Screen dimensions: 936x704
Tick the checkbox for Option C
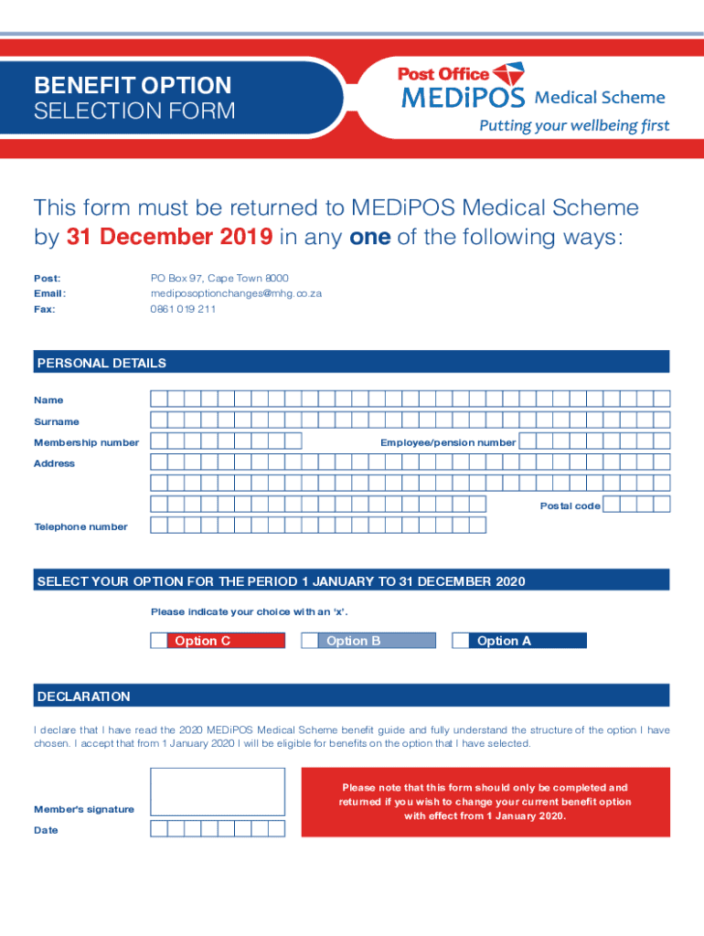coord(159,641)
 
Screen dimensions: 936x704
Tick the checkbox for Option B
coord(310,641)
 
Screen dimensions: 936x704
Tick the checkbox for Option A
coord(461,641)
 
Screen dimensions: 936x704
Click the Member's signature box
coord(218,792)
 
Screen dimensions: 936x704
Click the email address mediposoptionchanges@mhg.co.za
coord(236,293)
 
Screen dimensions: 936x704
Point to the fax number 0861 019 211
coord(183,309)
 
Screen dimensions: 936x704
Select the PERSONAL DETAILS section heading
coord(101,363)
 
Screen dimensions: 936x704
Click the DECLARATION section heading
coord(83,697)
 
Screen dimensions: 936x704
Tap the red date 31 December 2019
coord(169,237)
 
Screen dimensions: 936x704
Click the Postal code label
coord(570,505)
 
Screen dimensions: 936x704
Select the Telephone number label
coord(80,526)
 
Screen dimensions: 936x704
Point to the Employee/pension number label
coord(448,442)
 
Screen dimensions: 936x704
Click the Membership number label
coord(86,442)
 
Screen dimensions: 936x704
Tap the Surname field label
coord(57,421)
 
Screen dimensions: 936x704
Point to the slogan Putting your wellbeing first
coord(574,126)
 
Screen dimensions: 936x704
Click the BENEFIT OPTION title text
coord(133,86)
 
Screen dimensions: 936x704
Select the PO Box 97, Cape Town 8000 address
coord(219,277)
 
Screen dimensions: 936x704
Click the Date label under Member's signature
coord(46,830)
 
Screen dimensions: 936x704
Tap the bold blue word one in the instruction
coord(370,237)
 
